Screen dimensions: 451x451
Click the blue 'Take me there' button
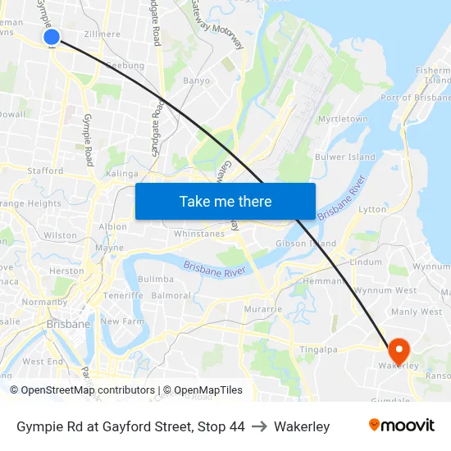coord(225,201)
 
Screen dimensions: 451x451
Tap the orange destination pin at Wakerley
coord(399,350)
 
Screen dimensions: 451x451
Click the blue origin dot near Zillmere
coord(51,36)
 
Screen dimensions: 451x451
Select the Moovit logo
coord(402,425)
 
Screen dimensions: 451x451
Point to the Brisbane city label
coord(68,324)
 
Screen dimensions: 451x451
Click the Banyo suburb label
coord(196,81)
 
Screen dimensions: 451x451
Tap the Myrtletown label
coord(342,119)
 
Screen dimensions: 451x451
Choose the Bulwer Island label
coord(345,157)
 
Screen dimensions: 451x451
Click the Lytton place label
coord(372,209)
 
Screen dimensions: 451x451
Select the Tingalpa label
coord(319,349)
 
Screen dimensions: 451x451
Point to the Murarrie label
coord(263,309)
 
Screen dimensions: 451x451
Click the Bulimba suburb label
coord(156,280)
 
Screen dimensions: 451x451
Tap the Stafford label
coord(45,171)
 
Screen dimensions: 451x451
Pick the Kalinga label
coord(122,174)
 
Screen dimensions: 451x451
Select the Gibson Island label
coord(306,244)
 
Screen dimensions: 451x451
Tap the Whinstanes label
coord(199,234)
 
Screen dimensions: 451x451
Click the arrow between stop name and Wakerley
coord(259,426)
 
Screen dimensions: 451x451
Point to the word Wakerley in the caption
coord(302,426)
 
